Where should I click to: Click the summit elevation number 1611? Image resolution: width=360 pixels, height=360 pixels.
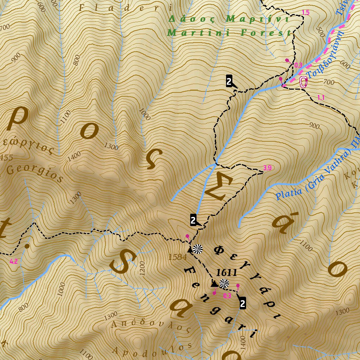[226, 272]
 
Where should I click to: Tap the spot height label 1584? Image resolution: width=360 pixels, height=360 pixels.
[177, 257]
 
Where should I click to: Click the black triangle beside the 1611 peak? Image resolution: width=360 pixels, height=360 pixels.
[214, 283]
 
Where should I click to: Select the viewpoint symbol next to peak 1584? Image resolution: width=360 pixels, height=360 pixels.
[198, 249]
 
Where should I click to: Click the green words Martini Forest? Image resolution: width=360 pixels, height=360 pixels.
[230, 33]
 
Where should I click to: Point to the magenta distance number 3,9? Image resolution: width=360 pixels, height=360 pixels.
[267, 168]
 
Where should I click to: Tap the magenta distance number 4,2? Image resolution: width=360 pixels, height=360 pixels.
[14, 261]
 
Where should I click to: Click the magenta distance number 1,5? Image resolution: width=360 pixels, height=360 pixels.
[306, 13]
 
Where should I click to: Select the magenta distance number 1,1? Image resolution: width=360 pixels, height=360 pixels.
[321, 97]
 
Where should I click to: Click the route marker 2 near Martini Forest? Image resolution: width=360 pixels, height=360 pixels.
[229, 81]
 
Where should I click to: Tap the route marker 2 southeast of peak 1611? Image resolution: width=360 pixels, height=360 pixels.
[242, 303]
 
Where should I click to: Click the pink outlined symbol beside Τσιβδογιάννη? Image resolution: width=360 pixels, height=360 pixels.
[303, 83]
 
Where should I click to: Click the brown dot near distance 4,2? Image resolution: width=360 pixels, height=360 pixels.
[27, 246]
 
